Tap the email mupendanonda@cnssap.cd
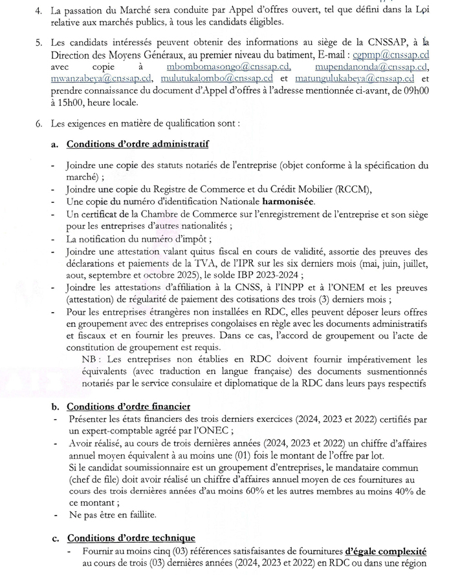coord(372,67)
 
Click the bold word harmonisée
coord(285,202)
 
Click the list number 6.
coord(39,121)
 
